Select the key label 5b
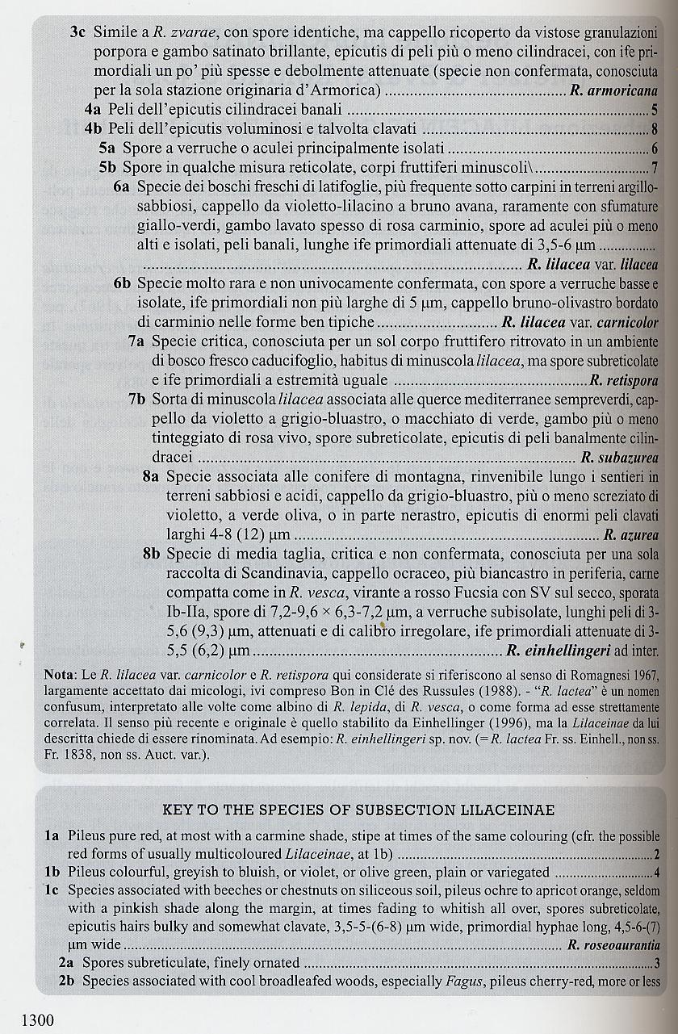tap(109, 168)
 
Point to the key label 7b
tap(137, 400)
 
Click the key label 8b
tap(152, 554)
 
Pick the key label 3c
tap(79, 33)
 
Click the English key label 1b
tap(53, 872)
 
